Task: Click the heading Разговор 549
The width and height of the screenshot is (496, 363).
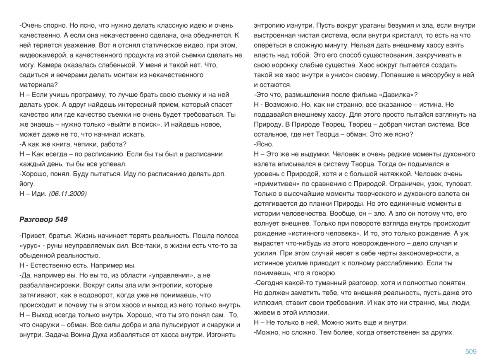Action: click(43, 219)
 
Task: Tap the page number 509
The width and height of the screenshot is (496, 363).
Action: click(471, 351)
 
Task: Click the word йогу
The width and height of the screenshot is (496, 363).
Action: click(27, 184)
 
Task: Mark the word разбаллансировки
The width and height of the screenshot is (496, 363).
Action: click(50, 285)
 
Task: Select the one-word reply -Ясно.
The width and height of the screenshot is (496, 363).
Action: click(264, 144)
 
